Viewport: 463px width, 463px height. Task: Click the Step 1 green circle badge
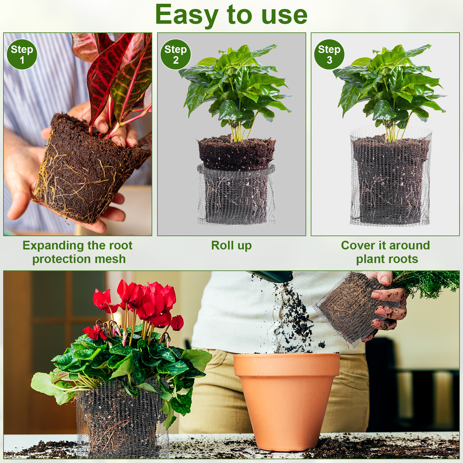pyautogui.click(x=22, y=54)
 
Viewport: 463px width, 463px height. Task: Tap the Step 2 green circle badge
pyautogui.click(x=176, y=54)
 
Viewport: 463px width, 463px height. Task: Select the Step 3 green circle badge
pyautogui.click(x=329, y=54)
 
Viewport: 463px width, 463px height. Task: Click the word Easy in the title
pyautogui.click(x=187, y=15)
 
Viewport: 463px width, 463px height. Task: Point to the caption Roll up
pyautogui.click(x=231, y=245)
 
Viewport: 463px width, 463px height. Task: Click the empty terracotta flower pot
pyautogui.click(x=286, y=401)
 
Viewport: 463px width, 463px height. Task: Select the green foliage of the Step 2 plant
pyautogui.click(x=236, y=87)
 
